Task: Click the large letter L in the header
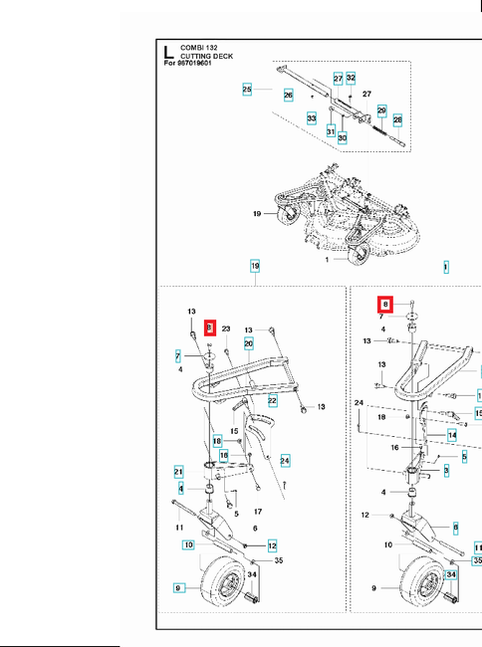(169, 52)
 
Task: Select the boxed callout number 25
(247, 90)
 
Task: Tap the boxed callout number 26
(288, 96)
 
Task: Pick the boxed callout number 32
(351, 78)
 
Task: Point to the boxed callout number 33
(311, 117)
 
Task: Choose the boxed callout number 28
(397, 119)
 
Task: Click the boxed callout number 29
(380, 110)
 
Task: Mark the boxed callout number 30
(342, 137)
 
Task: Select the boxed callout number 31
(331, 130)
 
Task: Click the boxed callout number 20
(248, 343)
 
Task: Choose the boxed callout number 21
(178, 471)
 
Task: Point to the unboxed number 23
(226, 327)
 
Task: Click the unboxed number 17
(258, 512)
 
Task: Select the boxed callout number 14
(451, 435)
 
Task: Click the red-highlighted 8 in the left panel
(210, 327)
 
